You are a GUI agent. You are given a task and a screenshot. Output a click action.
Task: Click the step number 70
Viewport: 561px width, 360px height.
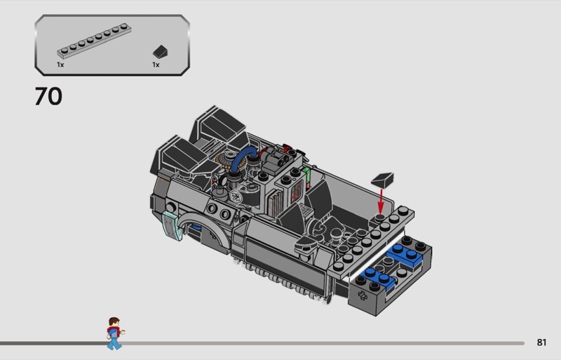pyautogui.click(x=48, y=96)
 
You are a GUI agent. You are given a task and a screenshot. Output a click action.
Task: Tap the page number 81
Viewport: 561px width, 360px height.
pyautogui.click(x=541, y=342)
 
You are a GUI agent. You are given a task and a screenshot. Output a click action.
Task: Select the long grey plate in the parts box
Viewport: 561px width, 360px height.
pyautogui.click(x=94, y=41)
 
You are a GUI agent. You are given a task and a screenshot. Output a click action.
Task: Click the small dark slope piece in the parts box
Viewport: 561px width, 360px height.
pyautogui.click(x=161, y=52)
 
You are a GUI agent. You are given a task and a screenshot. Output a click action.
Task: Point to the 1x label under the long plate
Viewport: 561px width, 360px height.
pyautogui.click(x=60, y=65)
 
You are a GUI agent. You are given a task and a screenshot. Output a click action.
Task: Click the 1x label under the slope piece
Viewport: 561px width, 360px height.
pyautogui.click(x=156, y=65)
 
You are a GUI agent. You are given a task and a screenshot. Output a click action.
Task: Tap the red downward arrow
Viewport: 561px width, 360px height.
pyautogui.click(x=381, y=201)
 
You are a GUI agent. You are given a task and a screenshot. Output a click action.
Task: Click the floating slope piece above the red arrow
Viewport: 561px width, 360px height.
pyautogui.click(x=383, y=180)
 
